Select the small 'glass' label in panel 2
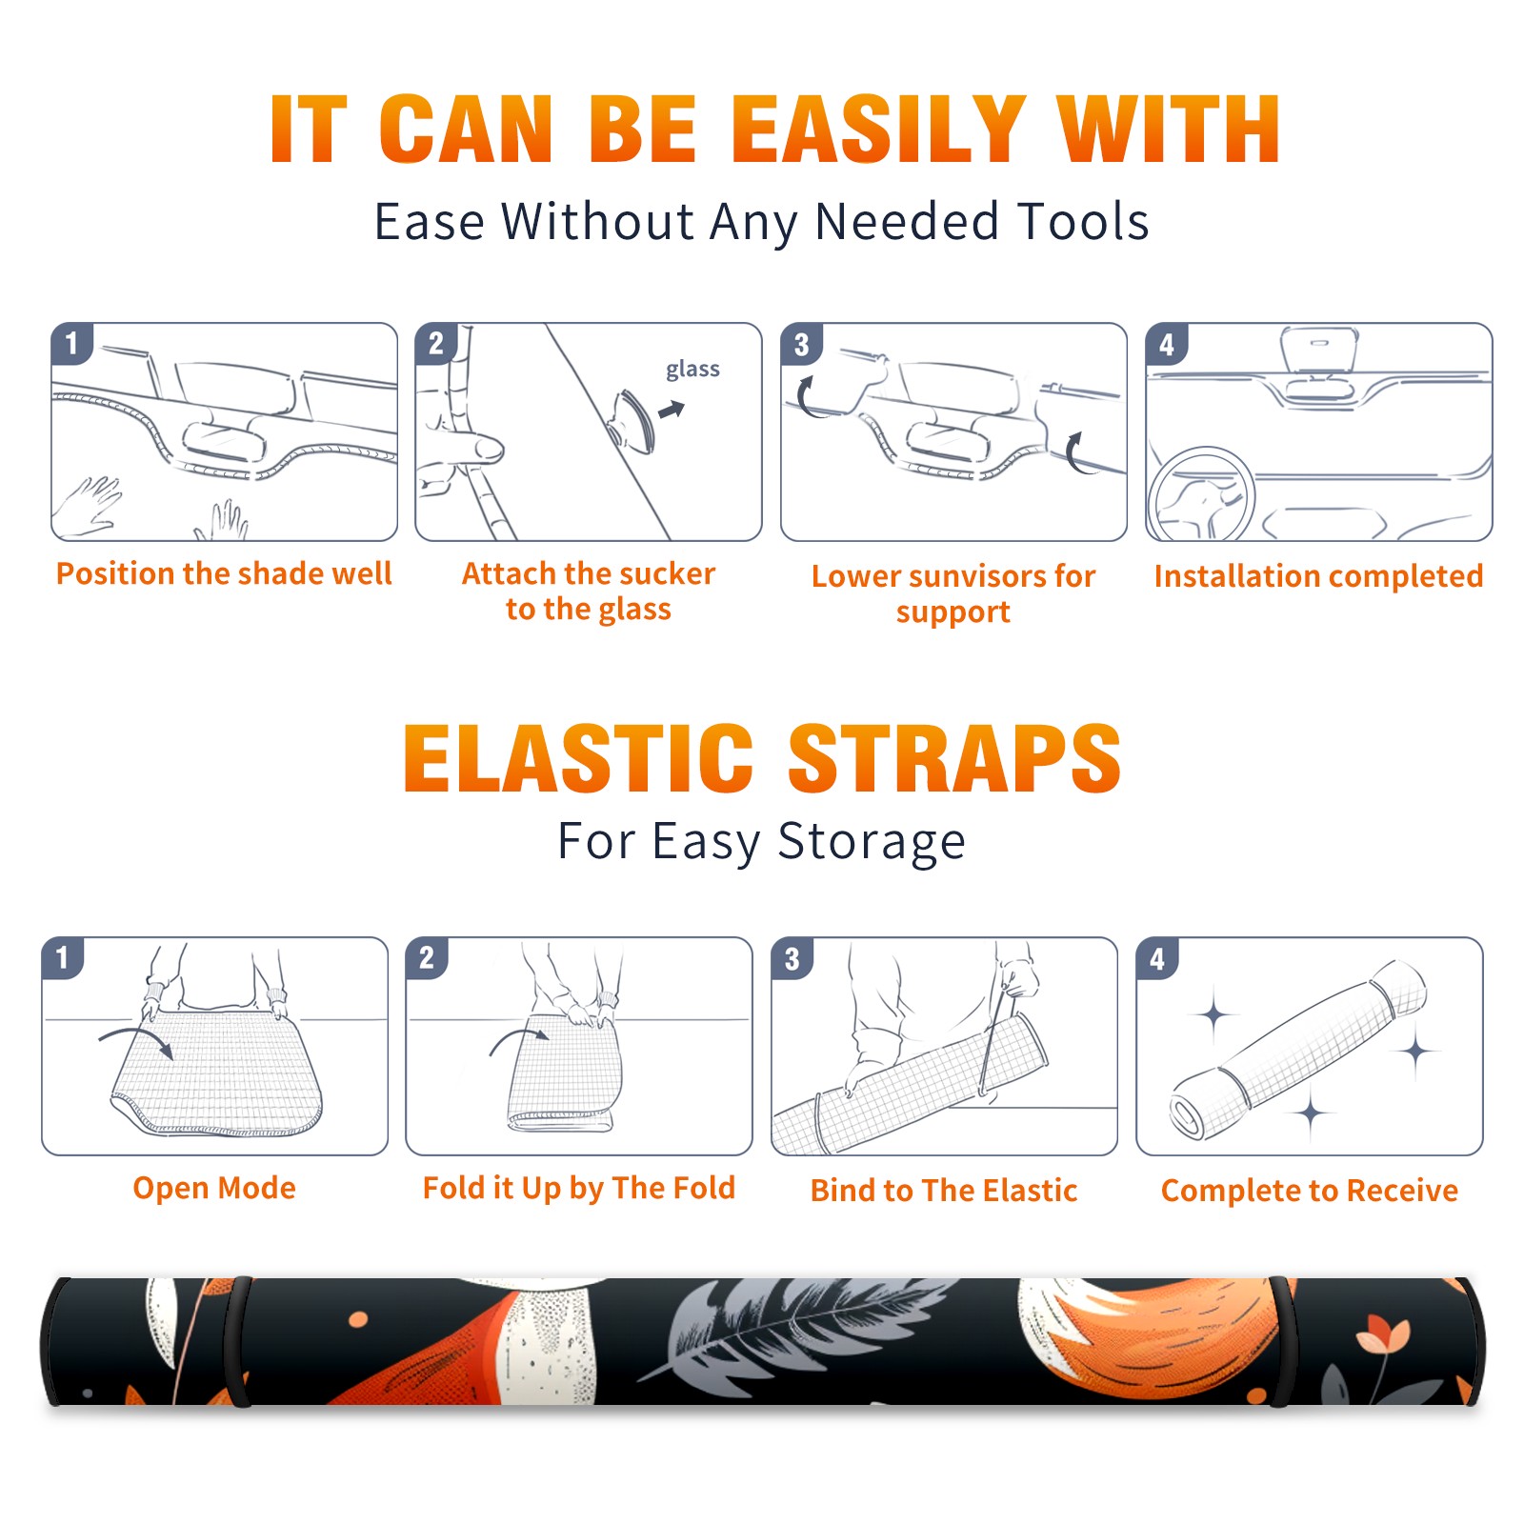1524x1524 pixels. (x=692, y=369)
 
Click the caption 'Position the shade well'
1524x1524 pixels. (x=224, y=573)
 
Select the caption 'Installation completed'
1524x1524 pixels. (x=1318, y=575)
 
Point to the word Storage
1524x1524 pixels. (x=872, y=842)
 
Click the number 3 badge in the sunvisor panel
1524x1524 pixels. (x=801, y=344)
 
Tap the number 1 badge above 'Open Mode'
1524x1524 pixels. (x=63, y=957)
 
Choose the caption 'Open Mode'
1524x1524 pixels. (x=214, y=1188)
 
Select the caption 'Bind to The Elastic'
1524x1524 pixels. (x=944, y=1190)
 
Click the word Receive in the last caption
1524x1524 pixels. (x=1402, y=1190)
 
